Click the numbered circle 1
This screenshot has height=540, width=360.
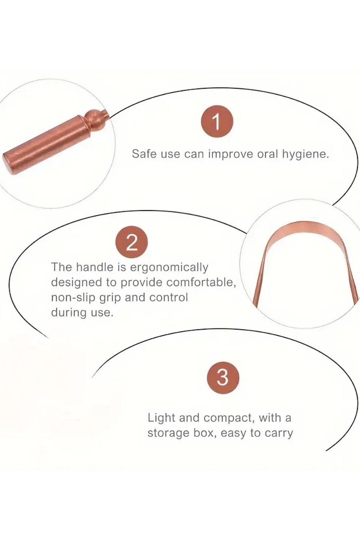tap(217, 121)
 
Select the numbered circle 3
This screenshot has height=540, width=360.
tap(223, 378)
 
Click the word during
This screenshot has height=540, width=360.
tap(69, 313)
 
